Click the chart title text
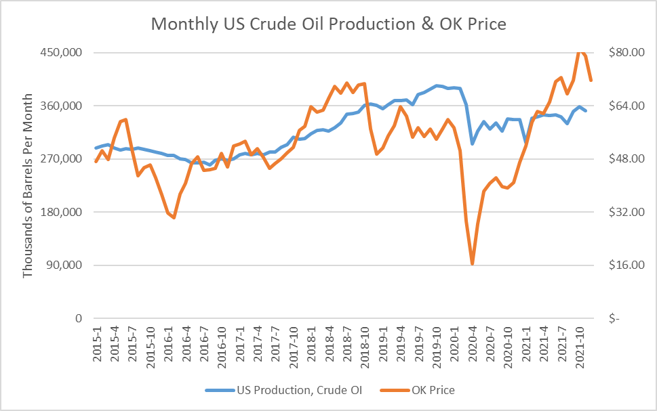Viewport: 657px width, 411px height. click(328, 24)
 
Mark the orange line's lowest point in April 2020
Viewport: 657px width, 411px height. click(472, 263)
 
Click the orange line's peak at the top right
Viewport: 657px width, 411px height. click(580, 51)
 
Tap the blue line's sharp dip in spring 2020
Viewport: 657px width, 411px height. click(472, 144)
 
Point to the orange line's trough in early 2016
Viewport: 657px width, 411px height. click(174, 217)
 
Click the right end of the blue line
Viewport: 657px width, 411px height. click(586, 110)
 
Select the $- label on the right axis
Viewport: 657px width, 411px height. click(614, 318)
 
